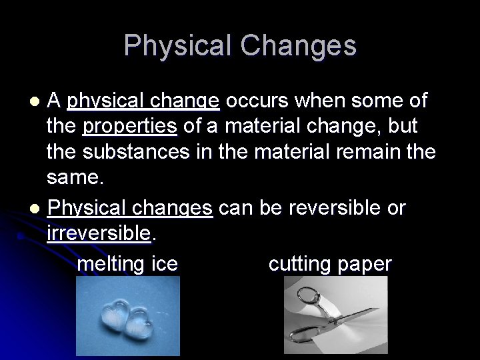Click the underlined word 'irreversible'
(99, 234)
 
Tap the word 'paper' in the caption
(364, 265)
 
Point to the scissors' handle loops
(309, 297)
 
